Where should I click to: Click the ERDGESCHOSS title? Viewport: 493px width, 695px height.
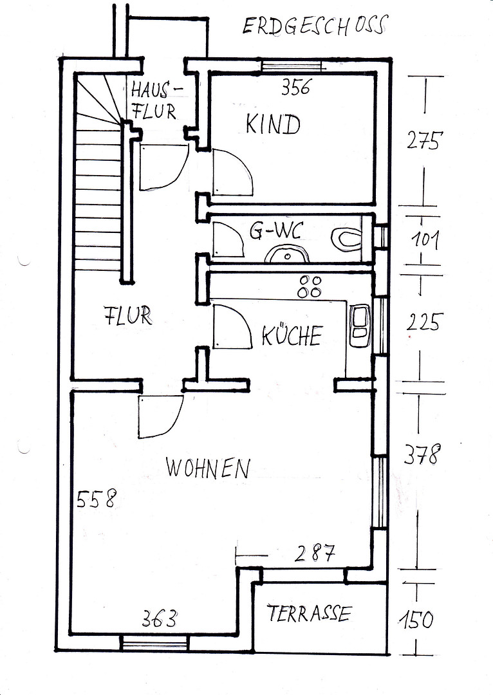point(315,25)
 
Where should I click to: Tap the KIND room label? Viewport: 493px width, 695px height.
point(273,124)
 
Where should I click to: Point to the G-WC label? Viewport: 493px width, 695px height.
point(276,231)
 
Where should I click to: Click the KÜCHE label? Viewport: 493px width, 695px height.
point(292,335)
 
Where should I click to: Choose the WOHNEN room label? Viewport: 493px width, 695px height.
point(208,468)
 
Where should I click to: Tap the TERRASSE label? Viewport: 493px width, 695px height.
point(309,613)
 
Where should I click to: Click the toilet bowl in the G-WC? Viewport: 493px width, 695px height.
point(347,238)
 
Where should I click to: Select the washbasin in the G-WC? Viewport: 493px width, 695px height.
point(287,255)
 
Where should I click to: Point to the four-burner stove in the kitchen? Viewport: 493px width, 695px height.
point(310,286)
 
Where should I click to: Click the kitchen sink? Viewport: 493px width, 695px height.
point(360,326)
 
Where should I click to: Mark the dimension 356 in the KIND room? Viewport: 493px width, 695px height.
point(297,87)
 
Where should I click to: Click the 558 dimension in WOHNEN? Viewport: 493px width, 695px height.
point(96,498)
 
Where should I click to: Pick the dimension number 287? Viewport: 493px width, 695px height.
point(315,553)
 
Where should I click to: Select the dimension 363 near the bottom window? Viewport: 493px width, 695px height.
point(159,618)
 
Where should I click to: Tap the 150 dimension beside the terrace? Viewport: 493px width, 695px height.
point(416,620)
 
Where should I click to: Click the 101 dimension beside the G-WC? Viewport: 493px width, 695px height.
point(425,240)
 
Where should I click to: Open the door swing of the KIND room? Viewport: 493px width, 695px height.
point(233,172)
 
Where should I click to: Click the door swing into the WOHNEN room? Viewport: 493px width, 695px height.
point(160,416)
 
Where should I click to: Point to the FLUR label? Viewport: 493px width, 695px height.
point(127,315)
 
